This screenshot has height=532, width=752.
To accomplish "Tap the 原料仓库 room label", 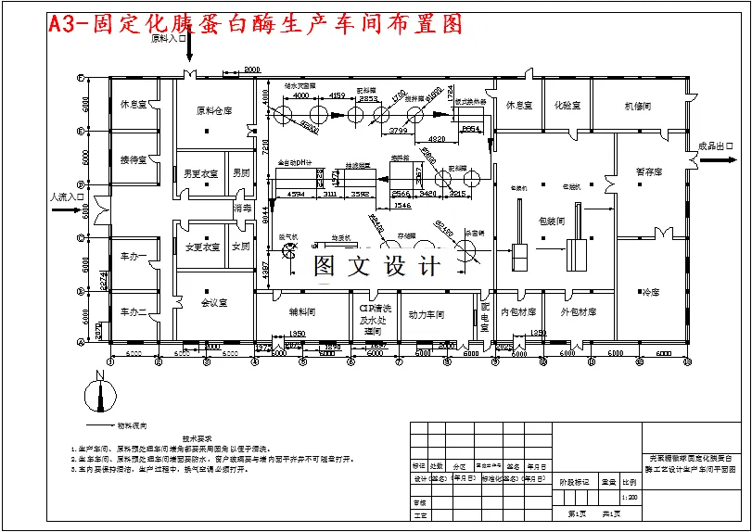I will tap(213, 110).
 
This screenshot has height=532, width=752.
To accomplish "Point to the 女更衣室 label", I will tap(201, 247).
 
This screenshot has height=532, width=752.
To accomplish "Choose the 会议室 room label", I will tap(213, 302).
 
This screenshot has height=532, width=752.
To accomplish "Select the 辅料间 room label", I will tap(302, 313).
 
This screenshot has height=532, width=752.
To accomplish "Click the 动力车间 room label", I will tap(427, 313).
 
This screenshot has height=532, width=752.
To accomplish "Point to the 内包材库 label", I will tap(517, 312).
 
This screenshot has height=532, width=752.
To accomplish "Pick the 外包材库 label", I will tap(579, 312).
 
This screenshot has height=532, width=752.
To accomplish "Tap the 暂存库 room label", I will tap(648, 172).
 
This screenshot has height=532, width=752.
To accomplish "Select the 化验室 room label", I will tap(567, 106).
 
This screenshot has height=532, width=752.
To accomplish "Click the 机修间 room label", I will tap(637, 106).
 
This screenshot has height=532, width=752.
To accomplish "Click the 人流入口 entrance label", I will tap(66, 196).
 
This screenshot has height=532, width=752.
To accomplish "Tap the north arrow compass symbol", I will tap(98, 394).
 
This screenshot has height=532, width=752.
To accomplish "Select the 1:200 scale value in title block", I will tap(630, 498).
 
